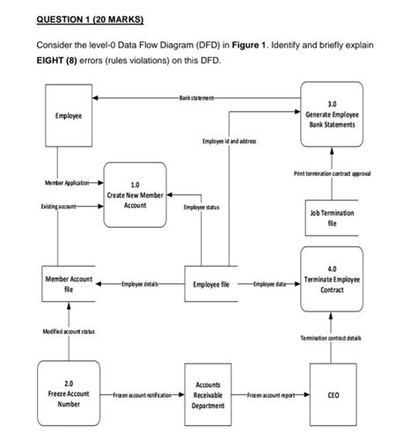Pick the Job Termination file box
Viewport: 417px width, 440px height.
pos(329,218)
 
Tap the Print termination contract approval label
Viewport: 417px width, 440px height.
pos(330,176)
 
